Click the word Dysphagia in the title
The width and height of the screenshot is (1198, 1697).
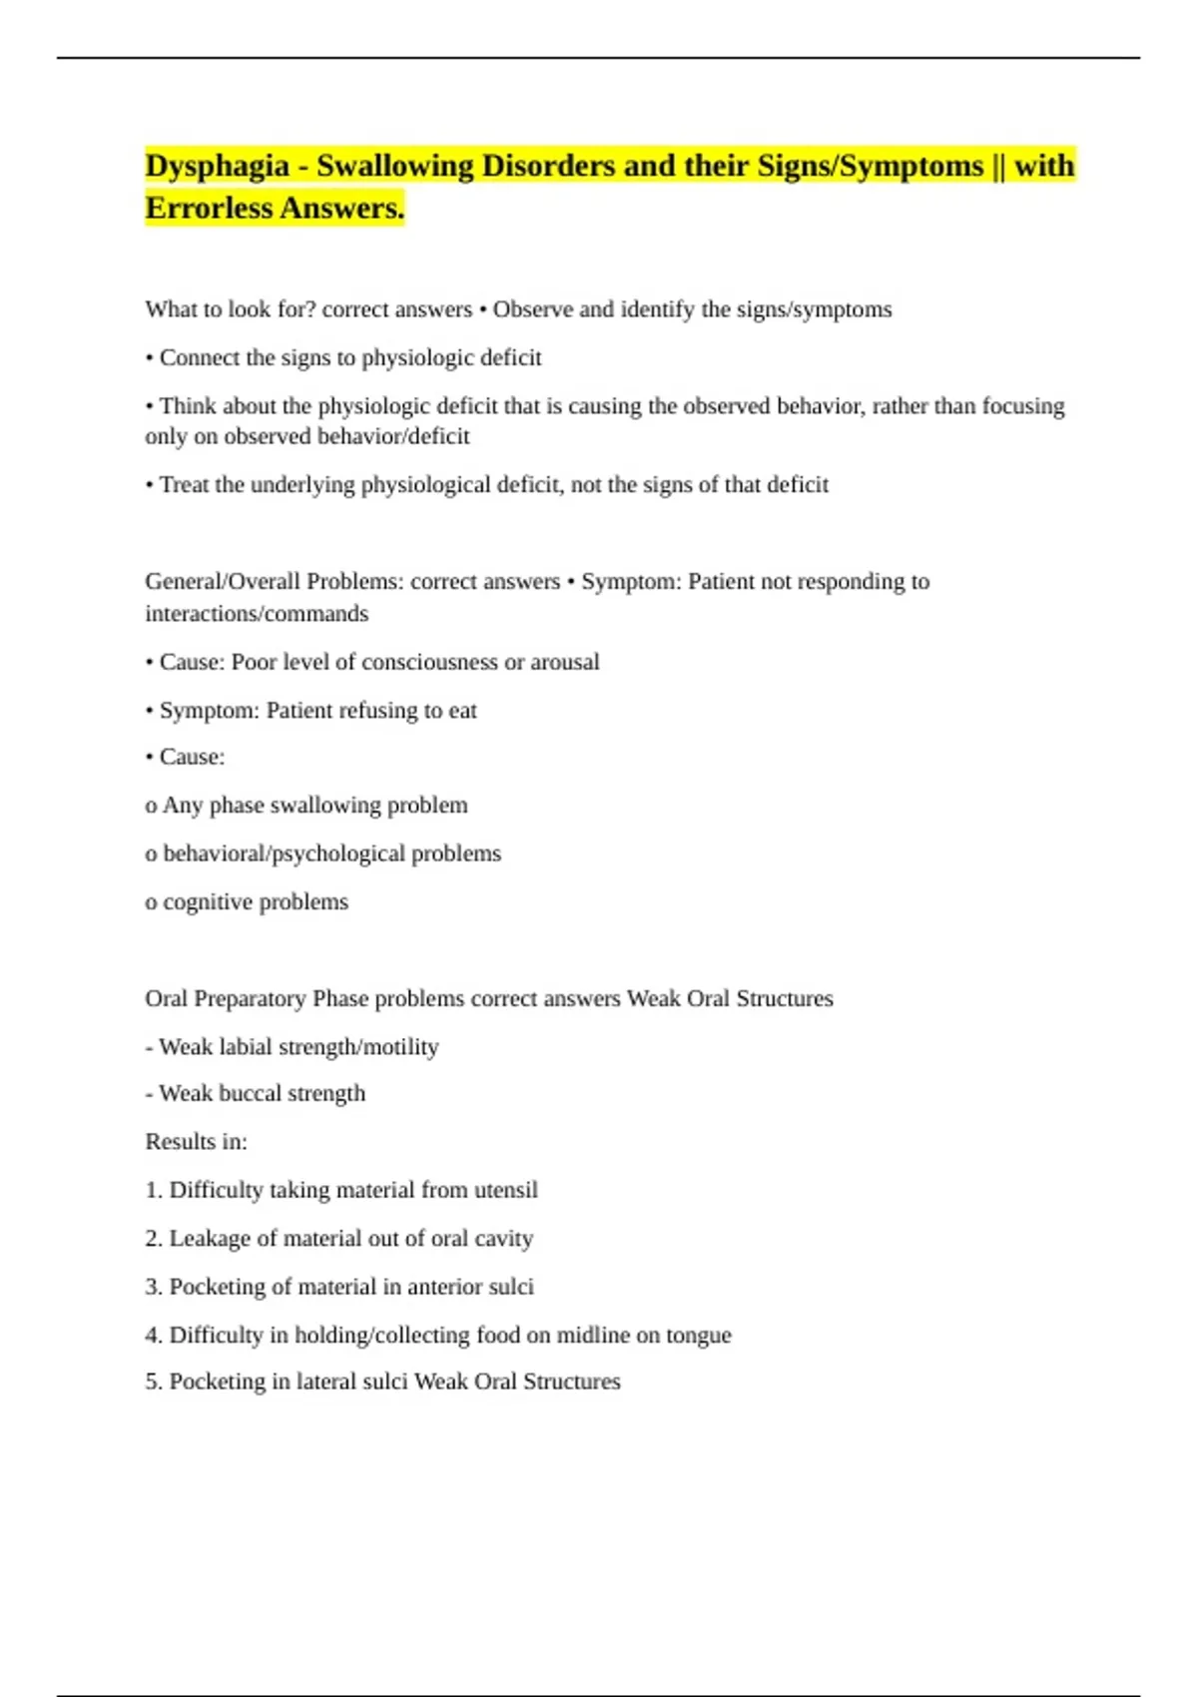217,166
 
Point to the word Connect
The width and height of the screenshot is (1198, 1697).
199,357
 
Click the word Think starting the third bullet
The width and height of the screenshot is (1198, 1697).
188,406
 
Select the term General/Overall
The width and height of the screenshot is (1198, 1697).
223,582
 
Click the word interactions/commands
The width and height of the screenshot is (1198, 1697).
257,614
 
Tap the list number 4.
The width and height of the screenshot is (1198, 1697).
153,1336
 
